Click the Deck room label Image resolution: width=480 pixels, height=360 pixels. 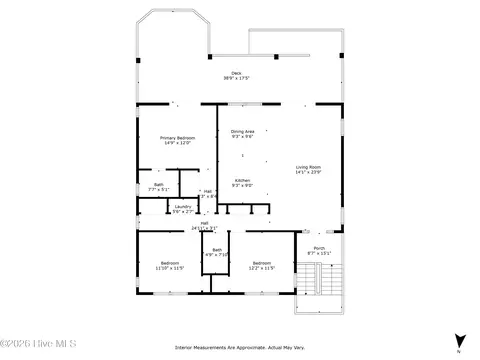click(236, 72)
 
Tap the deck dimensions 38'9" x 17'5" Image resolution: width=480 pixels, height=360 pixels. click(236, 78)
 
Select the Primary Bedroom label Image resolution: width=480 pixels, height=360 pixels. click(178, 137)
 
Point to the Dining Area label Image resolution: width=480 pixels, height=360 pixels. click(243, 131)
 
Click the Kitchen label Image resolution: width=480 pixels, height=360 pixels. click(242, 180)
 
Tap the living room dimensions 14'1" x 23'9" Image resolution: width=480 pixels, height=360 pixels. click(308, 172)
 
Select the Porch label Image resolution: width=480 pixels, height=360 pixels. click(319, 248)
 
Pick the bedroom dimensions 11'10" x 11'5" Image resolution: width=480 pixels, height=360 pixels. click(169, 268)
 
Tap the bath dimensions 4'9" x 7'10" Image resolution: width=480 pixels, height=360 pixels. click(217, 255)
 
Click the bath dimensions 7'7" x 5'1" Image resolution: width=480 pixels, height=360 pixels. click(159, 189)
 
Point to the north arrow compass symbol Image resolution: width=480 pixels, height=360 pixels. click(459, 341)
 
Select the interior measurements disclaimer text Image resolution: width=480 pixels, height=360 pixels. click(240, 347)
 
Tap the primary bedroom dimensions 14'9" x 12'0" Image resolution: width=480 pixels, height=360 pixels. click(178, 143)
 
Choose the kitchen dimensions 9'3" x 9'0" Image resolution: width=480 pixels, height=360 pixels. click(242, 186)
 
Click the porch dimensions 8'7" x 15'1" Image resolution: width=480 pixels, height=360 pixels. click(319, 254)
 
